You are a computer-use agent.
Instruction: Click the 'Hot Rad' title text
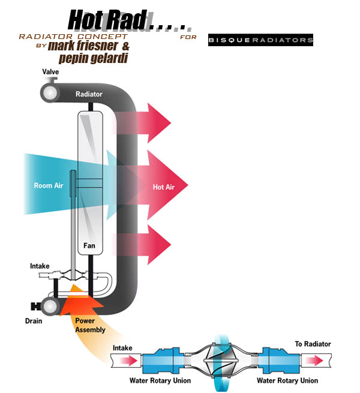(x=108, y=19)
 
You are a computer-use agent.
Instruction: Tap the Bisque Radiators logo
(x=260, y=41)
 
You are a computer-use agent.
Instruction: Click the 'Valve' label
(x=50, y=72)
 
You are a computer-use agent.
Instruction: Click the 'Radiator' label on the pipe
(x=89, y=94)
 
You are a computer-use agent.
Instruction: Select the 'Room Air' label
(x=49, y=186)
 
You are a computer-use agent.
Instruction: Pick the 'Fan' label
(x=90, y=245)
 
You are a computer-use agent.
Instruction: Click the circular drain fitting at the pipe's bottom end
(x=49, y=306)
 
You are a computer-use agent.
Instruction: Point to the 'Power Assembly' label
(x=91, y=325)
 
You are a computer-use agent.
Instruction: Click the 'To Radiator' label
(x=313, y=344)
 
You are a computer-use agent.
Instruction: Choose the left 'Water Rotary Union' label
(x=160, y=380)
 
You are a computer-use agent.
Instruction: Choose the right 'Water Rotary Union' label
(x=287, y=380)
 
